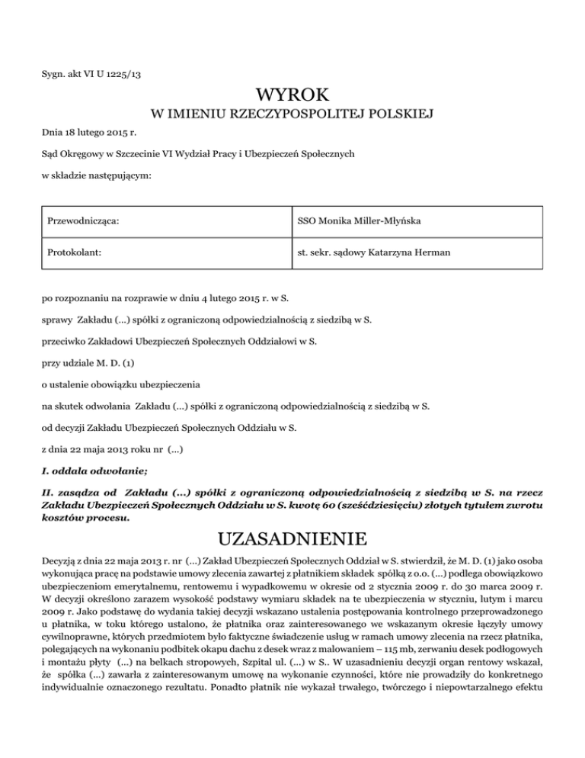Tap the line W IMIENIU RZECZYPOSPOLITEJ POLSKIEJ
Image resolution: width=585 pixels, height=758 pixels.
(x=292, y=115)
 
